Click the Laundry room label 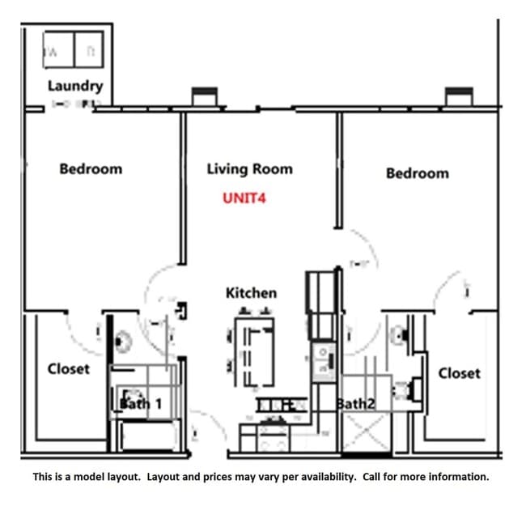tap(74, 86)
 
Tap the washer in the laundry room tap(57, 49)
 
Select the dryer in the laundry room tap(89, 49)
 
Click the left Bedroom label tap(91, 169)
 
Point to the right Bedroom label tap(417, 173)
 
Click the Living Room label tap(249, 169)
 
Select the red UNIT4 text tap(244, 197)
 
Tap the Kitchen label tap(251, 293)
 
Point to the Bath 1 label tap(141, 403)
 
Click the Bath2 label tap(355, 403)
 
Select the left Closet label tap(69, 369)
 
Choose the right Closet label tap(459, 373)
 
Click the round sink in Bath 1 tap(123, 342)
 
